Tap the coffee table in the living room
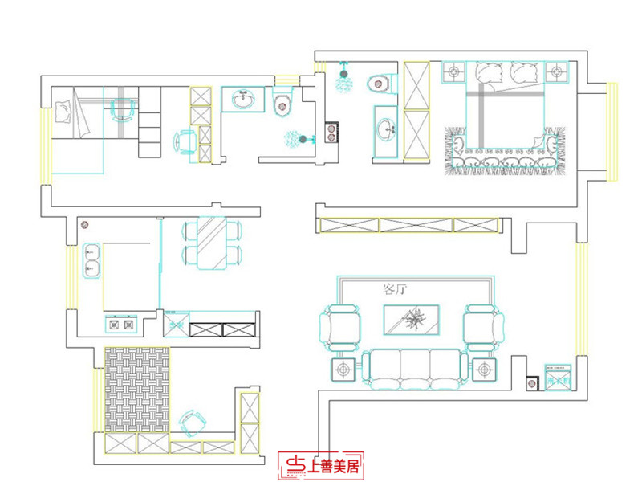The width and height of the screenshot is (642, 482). pos(412,321)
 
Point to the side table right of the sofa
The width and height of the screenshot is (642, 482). pos(483,370)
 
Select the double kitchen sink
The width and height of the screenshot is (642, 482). pos(90,259)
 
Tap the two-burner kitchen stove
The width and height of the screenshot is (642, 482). pos(120,324)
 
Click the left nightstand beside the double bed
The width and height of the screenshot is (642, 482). pos(454,72)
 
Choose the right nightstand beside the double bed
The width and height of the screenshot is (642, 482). pos(556,72)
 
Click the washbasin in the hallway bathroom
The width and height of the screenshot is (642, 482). pos(243,100)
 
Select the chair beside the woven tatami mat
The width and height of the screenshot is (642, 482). pos(192,422)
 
